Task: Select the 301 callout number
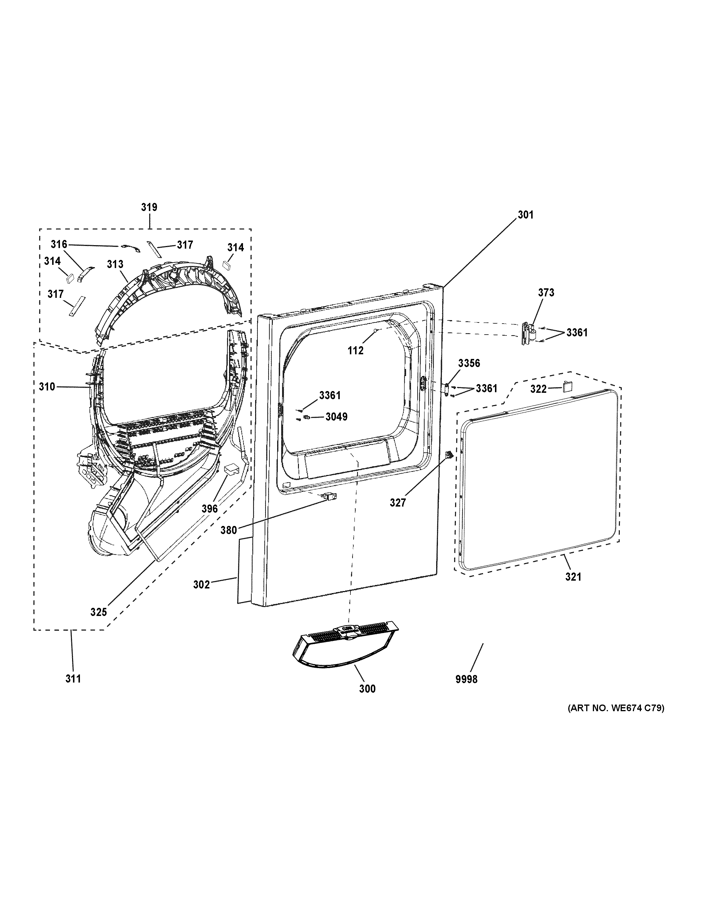coord(525,215)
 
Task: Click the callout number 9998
coord(466,679)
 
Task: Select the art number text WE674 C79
coord(616,708)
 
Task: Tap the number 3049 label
coord(337,417)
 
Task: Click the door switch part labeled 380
coord(326,497)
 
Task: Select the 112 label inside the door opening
coord(355,351)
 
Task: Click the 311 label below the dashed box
coord(73,678)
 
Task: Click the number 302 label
coord(201,584)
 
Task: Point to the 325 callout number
coord(99,612)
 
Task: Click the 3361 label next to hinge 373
coord(577,333)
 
